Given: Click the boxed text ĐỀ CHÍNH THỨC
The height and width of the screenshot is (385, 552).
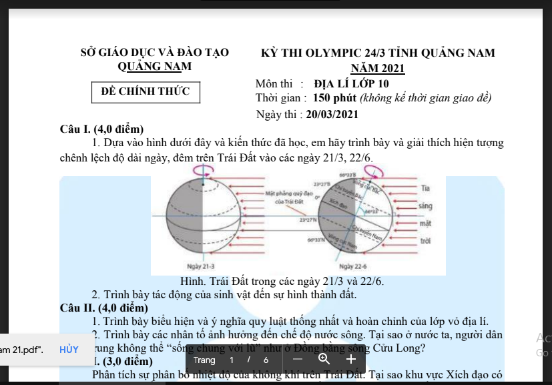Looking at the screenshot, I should tap(146, 91).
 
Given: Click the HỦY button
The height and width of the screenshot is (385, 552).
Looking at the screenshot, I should tap(69, 350).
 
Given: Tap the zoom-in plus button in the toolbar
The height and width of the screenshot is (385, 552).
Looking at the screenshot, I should tap(351, 360).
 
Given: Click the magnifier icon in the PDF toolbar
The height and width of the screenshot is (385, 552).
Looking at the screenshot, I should tap(324, 360).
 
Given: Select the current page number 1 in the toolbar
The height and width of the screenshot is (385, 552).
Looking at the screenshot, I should tap(232, 360).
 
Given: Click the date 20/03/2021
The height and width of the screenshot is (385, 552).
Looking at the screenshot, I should tap(332, 114).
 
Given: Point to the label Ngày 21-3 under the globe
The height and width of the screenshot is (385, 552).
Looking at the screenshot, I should tap(194, 266).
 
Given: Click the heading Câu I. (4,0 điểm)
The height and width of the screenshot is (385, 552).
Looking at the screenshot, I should tap(101, 129).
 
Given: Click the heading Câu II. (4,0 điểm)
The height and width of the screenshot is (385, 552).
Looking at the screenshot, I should tap(103, 308).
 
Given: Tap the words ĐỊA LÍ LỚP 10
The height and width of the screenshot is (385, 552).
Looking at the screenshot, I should tap(351, 84).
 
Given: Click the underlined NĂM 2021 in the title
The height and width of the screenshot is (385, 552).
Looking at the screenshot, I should tap(378, 68).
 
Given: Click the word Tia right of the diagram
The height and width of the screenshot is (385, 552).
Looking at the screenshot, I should tap(426, 189).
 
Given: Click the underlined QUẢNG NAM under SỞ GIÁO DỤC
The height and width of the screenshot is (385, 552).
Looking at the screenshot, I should tap(154, 67).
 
